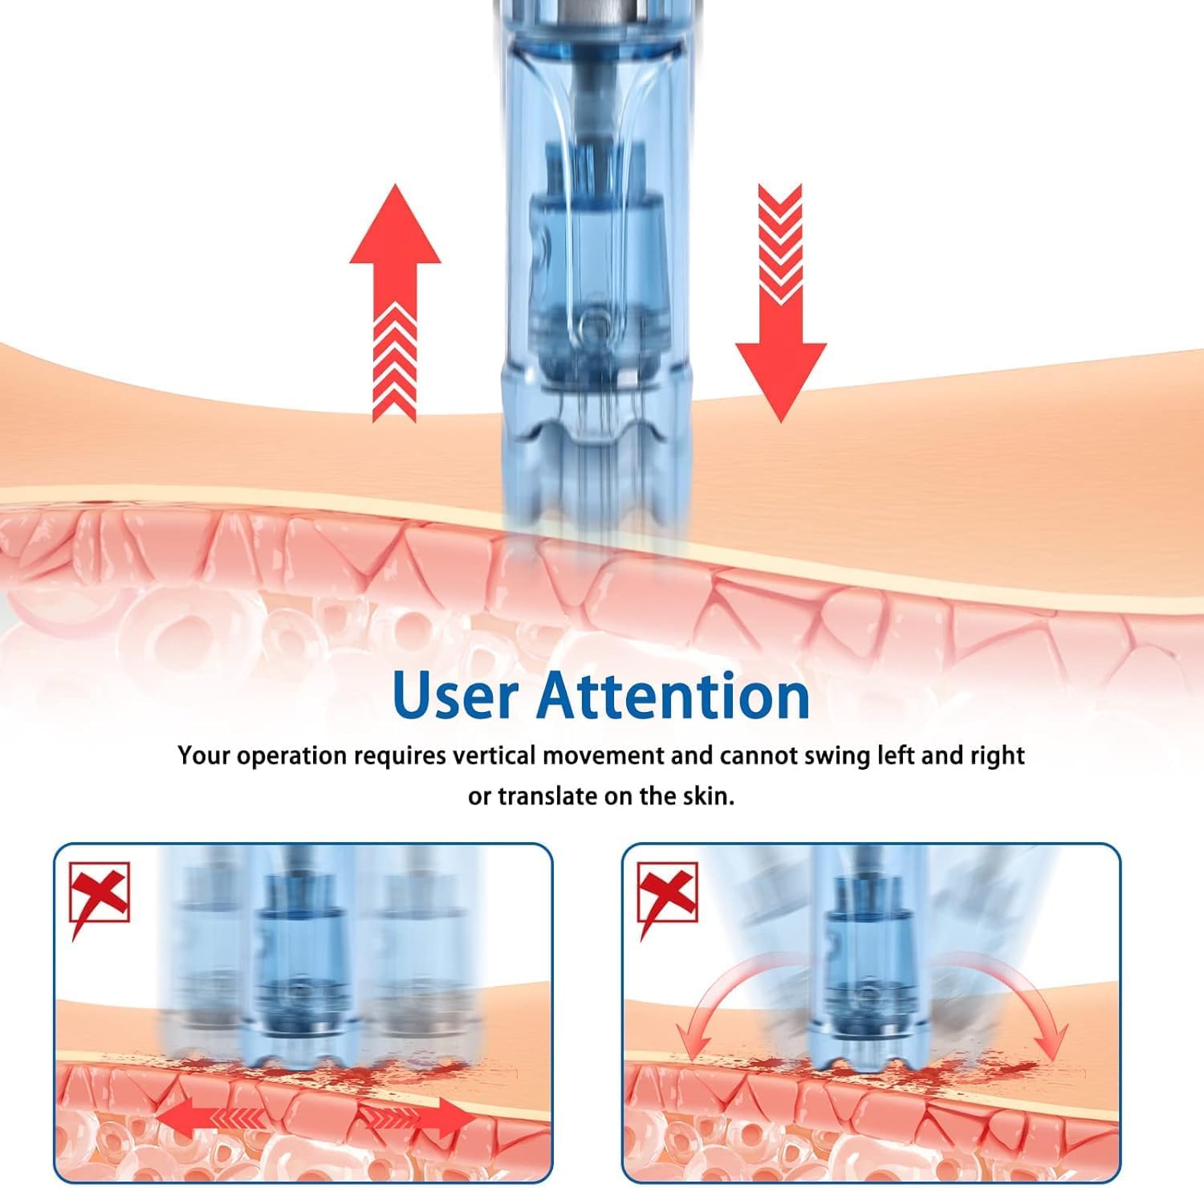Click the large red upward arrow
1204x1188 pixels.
pos(395,302)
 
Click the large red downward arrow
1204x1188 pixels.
pos(780,302)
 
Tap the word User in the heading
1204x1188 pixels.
pos(456,695)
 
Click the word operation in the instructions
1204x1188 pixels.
pos(301,757)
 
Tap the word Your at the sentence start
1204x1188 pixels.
pos(205,756)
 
